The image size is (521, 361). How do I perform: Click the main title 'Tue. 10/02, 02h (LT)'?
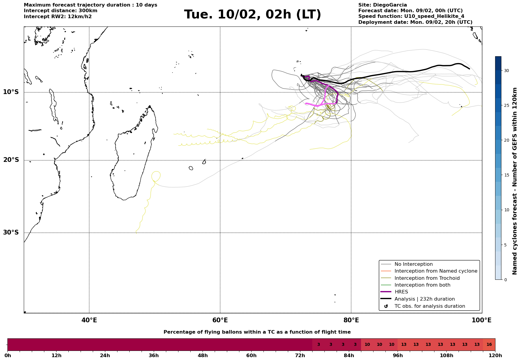coord(252,15)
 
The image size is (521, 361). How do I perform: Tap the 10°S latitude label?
coord(11,92)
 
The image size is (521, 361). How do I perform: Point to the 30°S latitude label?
coord(11,232)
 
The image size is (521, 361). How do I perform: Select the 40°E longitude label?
coord(89,320)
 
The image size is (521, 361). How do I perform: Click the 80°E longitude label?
coord(351,320)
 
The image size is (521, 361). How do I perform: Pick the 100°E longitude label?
coord(481,320)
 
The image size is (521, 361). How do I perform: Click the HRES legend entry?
coord(401,292)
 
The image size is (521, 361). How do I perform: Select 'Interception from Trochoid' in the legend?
coord(427,278)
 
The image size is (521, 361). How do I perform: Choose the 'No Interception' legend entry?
coord(413,264)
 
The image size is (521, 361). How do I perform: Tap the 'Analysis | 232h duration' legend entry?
coord(424,299)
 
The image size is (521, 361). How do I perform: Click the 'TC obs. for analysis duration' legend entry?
coord(429,306)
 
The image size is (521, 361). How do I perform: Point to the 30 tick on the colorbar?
coord(506,71)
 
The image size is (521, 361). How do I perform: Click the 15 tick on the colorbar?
coord(506,175)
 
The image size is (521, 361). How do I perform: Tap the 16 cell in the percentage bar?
coord(489,345)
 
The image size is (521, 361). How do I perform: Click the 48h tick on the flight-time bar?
coord(203,355)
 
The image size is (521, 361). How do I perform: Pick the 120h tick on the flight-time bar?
coord(495,355)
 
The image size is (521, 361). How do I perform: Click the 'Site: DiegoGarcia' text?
coord(382,5)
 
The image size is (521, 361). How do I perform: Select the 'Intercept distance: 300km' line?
coord(61,11)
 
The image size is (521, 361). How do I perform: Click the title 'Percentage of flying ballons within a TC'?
coord(257,332)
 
